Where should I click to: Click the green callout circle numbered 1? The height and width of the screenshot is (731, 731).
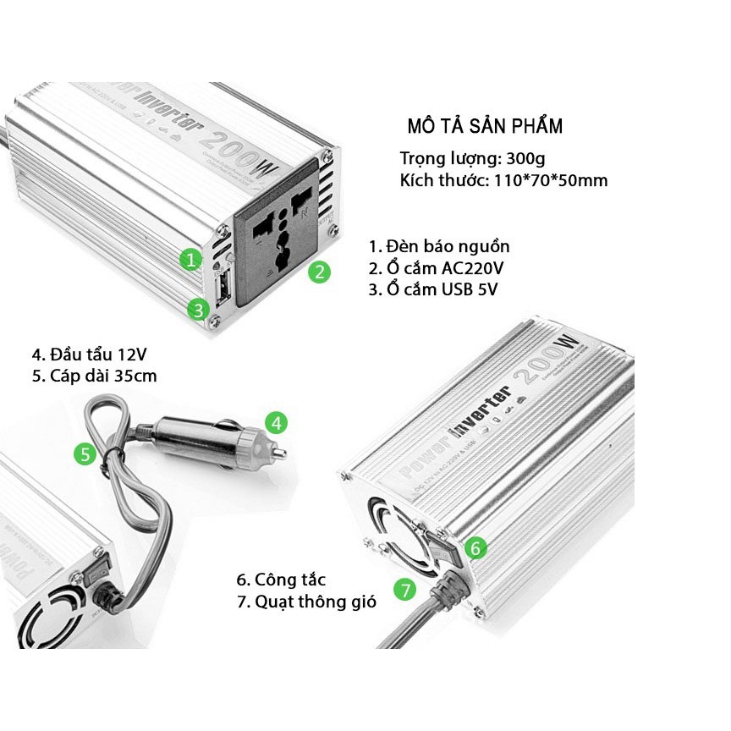[193, 258]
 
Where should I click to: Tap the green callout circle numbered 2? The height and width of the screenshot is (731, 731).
[318, 272]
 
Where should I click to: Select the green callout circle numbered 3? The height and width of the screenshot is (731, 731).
[198, 309]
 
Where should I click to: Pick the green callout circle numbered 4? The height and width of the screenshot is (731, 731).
[277, 421]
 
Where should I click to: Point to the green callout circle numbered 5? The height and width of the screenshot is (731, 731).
[85, 454]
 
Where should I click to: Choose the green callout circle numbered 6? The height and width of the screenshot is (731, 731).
[475, 547]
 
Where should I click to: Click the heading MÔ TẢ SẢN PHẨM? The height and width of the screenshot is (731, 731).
[484, 126]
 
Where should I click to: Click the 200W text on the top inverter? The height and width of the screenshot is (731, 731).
[245, 155]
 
